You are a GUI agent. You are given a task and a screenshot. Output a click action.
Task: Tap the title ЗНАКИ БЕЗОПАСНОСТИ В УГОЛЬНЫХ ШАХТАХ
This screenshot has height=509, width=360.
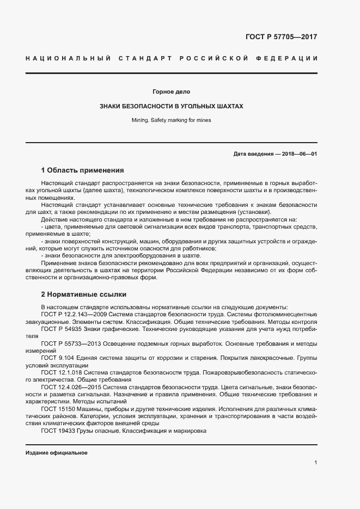[171, 106]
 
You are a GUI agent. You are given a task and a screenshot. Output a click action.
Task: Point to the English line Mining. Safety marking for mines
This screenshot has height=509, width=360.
[171, 120]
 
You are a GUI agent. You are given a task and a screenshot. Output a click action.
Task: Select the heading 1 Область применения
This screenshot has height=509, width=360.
[83, 170]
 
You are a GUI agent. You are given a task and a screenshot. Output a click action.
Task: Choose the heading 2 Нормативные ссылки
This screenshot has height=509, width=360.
[84, 294]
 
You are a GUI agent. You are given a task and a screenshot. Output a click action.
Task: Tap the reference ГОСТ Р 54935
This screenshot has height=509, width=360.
[60, 329]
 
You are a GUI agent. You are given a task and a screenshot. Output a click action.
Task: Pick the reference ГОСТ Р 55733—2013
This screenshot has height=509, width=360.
[68, 344]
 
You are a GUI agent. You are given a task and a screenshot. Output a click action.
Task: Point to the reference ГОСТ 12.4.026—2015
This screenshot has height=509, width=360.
[67, 387]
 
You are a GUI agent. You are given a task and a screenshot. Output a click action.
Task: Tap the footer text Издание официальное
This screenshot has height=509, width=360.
[57, 453]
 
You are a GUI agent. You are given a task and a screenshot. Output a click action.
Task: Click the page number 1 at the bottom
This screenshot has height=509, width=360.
[315, 462]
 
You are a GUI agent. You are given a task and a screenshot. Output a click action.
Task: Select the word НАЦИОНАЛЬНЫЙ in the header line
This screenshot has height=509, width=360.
[68, 58]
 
